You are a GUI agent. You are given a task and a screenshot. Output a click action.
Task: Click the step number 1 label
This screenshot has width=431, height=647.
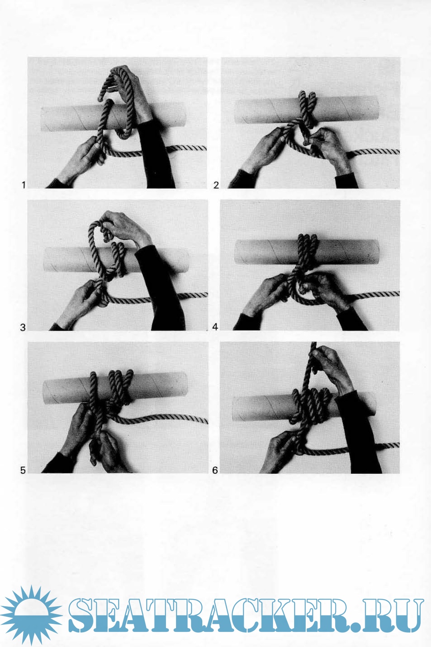pos(24,185)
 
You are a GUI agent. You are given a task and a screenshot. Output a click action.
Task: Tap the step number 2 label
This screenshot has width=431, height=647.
pos(216,185)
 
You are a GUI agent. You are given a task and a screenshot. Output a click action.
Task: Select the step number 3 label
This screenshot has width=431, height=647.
pos(23,327)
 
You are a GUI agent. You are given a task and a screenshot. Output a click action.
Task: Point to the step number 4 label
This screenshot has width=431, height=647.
pos(215,327)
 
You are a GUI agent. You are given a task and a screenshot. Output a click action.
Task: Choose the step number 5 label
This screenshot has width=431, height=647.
pos(23,471)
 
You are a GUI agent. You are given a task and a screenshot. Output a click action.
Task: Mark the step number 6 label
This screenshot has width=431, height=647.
pos(215,471)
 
